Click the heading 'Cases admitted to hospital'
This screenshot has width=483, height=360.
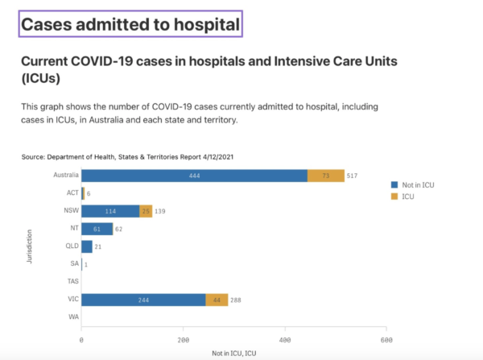[130, 25]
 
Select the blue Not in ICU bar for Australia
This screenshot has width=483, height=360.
[194, 176]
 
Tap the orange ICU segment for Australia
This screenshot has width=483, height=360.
[326, 176]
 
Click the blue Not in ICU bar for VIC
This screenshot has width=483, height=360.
[143, 300]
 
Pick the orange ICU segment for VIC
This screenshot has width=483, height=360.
[217, 300]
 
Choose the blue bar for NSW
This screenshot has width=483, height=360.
[110, 211]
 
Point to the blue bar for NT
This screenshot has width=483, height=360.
[97, 229]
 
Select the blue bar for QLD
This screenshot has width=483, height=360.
[87, 246]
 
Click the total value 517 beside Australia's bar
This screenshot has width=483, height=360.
[352, 176]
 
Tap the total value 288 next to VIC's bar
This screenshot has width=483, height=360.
[236, 300]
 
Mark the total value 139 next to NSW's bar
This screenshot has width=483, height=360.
[160, 211]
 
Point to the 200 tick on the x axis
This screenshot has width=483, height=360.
[184, 339]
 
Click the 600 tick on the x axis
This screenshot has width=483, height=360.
[386, 339]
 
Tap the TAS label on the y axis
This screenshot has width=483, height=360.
[71, 282]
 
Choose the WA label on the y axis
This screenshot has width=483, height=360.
[72, 317]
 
